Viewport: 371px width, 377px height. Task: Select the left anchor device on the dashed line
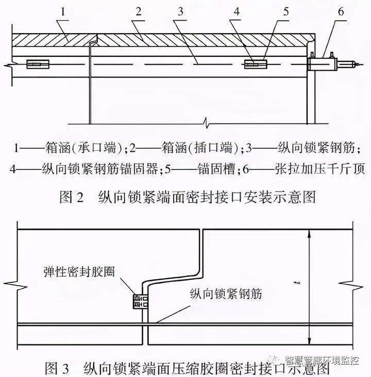click(38, 64)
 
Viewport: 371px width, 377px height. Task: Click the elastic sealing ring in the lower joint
click(140, 302)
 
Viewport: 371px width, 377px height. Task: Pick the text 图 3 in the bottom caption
click(57, 368)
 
